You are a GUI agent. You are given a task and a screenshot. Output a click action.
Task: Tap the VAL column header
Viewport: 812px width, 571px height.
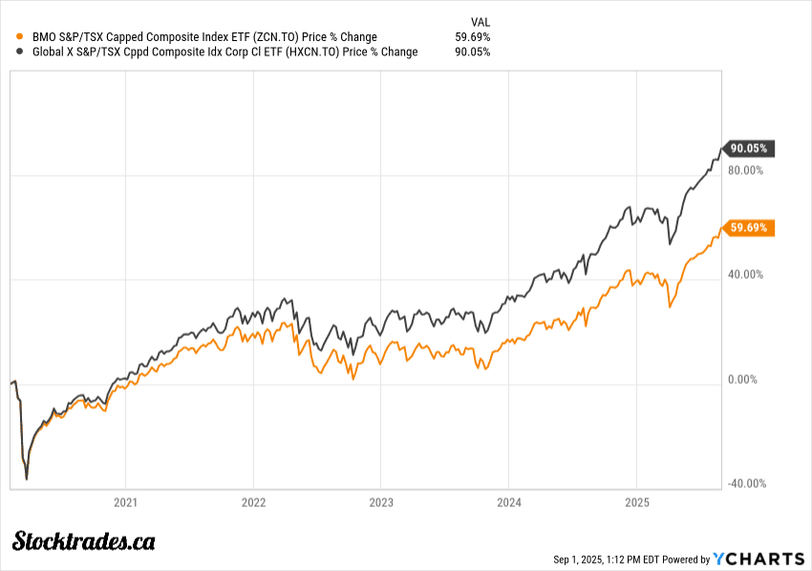[481, 22]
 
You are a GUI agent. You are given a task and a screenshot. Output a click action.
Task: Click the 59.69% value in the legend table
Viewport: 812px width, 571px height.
[474, 37]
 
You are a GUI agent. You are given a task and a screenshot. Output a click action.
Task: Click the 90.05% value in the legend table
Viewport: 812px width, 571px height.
[474, 52]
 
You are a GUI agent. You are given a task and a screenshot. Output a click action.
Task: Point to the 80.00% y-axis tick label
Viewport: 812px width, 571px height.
[746, 171]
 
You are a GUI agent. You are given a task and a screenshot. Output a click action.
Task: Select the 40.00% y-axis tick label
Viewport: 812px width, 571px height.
[746, 275]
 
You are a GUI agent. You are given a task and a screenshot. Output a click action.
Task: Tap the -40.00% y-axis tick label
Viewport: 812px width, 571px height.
[746, 483]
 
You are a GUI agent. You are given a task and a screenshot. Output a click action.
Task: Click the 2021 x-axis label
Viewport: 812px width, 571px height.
[125, 502]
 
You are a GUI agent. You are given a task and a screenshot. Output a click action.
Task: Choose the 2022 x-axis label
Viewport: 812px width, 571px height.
[253, 502]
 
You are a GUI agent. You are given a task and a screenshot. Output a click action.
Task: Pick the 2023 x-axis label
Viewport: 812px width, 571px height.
[381, 502]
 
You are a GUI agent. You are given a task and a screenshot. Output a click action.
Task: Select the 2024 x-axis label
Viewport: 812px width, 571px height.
[509, 502]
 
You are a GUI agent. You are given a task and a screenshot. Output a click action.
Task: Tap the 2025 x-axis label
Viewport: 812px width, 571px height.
[637, 502]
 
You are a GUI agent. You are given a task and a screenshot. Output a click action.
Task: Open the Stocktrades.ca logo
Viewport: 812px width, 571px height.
[84, 541]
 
